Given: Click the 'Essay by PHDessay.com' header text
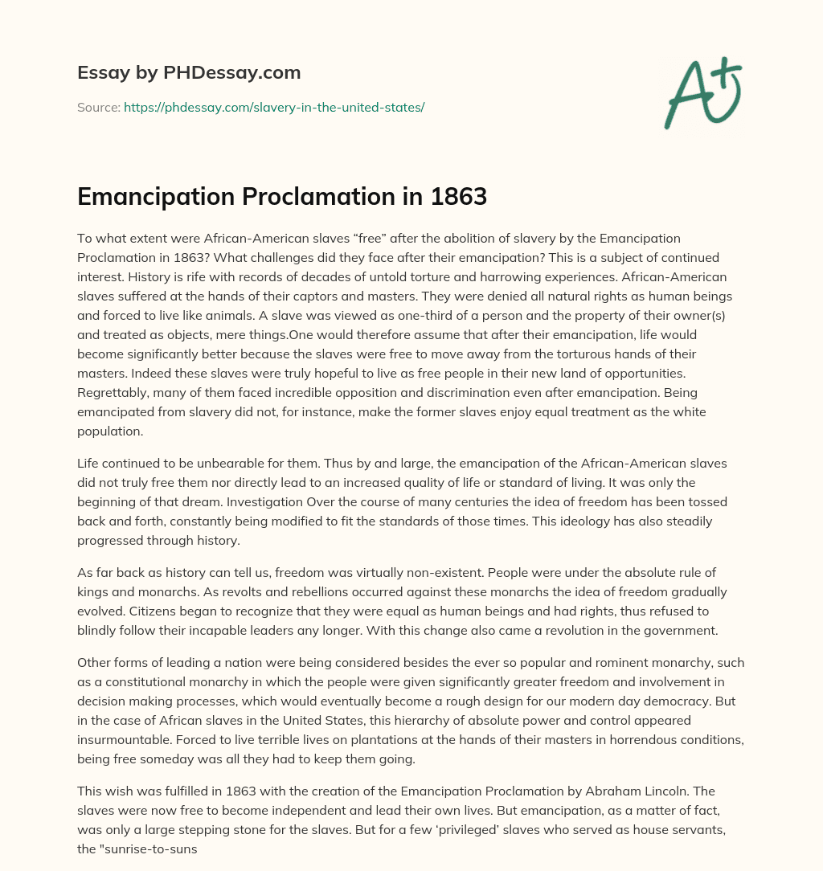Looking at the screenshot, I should pyautogui.click(x=189, y=73).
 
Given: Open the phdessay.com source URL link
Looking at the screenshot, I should pyautogui.click(x=274, y=107).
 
